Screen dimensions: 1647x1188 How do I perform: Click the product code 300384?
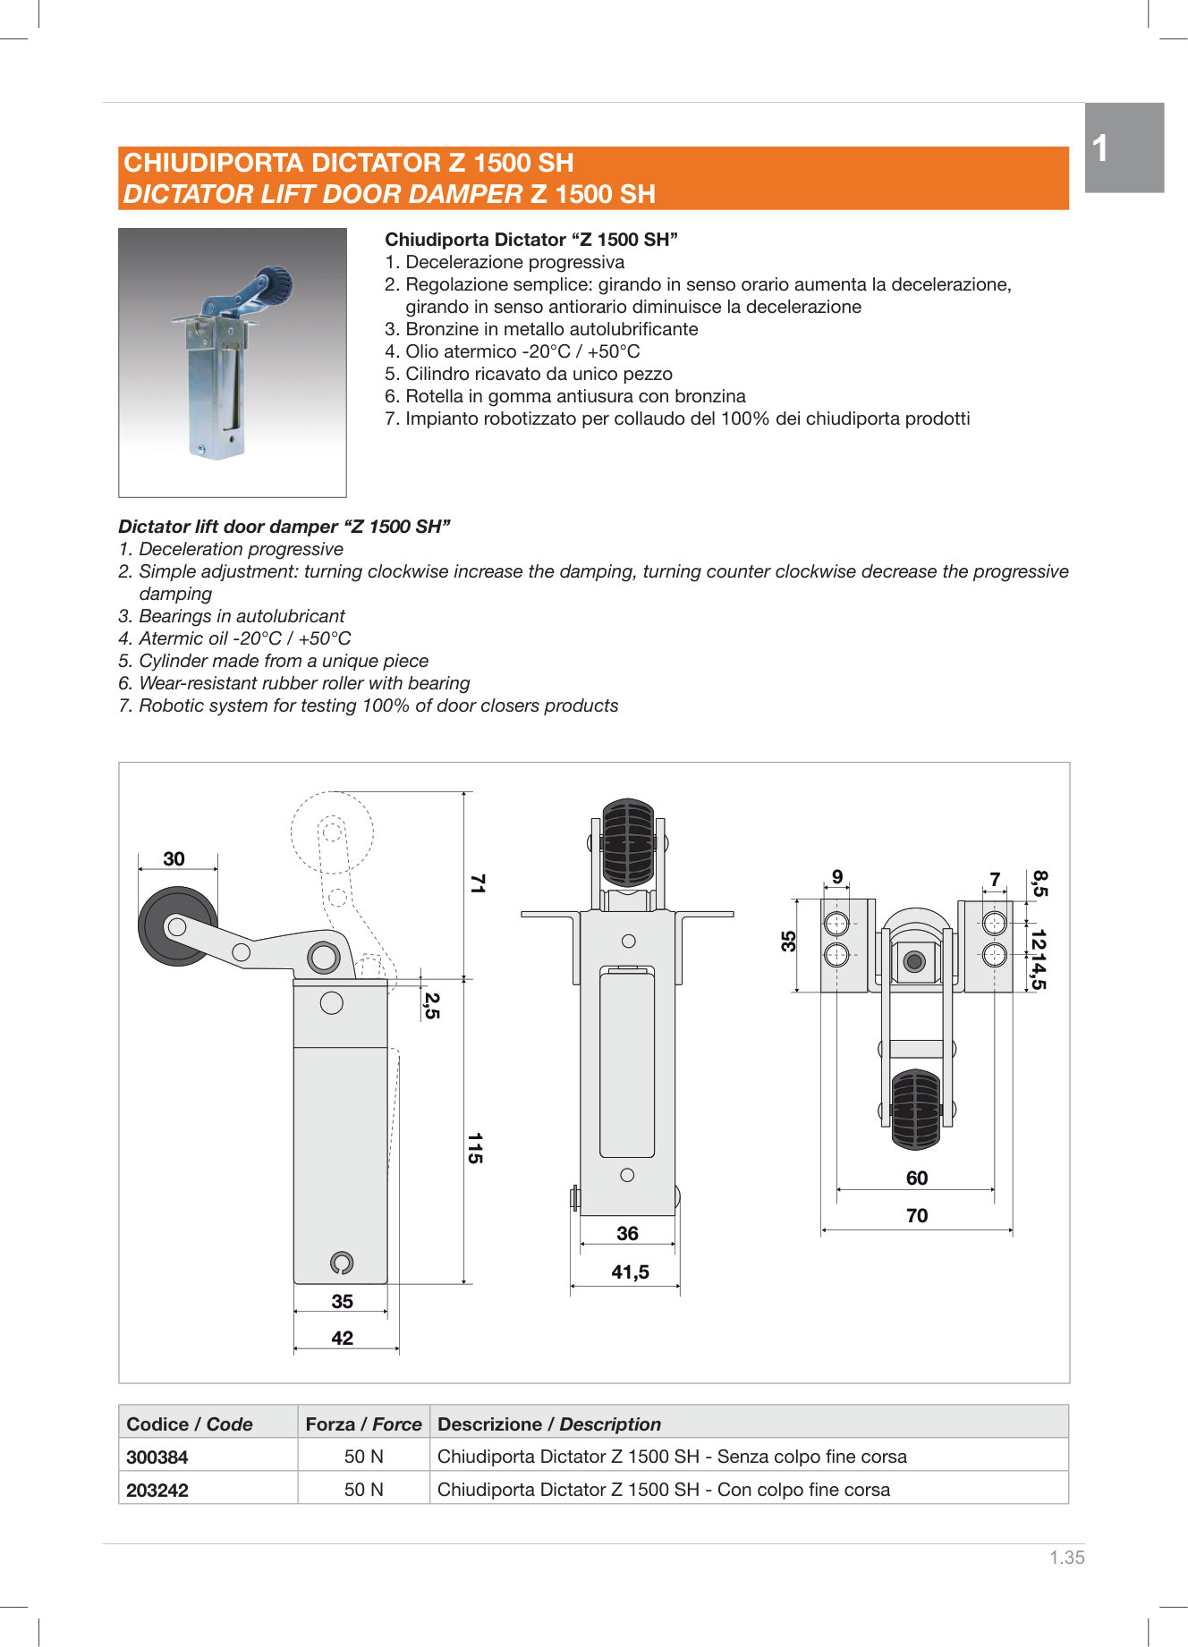point(157,1457)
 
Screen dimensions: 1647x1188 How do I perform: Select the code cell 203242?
point(157,1490)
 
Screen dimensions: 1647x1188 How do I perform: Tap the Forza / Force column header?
point(363,1423)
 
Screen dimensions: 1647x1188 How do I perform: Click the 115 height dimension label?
point(475,1148)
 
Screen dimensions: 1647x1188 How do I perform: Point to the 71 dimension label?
point(477,883)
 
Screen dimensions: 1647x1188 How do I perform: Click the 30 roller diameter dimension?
point(174,858)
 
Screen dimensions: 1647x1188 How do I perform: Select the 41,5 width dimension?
point(630,1271)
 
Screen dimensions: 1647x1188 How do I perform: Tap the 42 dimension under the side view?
point(342,1338)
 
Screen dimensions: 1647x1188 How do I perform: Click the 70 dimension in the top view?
point(917,1215)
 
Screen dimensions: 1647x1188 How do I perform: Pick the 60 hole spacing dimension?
point(917,1178)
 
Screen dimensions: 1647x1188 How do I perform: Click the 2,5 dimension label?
point(431,1005)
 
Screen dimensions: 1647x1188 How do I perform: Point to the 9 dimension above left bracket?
point(837,876)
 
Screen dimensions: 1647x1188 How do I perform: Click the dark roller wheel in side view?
point(176,926)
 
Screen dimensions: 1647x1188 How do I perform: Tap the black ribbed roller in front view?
point(628,842)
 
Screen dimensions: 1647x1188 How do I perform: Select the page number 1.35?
point(1066,1557)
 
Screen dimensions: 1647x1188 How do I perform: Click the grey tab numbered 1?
point(1124,148)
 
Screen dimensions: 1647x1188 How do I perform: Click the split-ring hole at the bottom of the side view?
point(341,1263)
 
